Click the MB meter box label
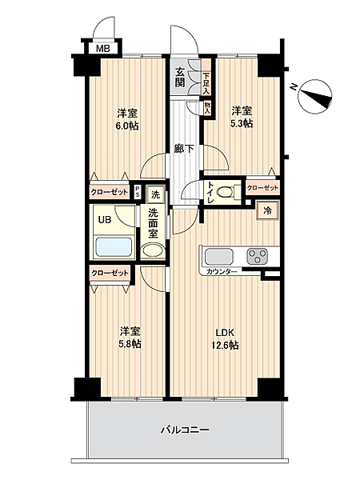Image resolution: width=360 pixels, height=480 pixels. pos(103,48)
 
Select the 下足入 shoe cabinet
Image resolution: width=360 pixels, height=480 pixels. pos(206,78)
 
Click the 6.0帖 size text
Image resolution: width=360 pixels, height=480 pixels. pos(128,126)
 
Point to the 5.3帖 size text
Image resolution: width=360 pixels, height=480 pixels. pos(242,123)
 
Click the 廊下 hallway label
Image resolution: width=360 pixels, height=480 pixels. pos(184,149)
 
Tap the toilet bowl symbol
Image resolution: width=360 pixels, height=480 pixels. pos(226,192)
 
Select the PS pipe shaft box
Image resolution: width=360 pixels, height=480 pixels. pos(138,192)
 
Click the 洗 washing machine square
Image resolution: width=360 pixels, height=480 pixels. pos(156,194)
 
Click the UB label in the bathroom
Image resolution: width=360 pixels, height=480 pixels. pos(105,220)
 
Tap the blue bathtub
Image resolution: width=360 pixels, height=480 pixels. pos(114,247)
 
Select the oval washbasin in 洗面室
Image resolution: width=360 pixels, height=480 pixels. pos(153,250)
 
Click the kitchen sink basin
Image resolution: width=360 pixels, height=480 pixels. pos(219,257)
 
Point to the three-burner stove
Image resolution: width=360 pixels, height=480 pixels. pos(257,256)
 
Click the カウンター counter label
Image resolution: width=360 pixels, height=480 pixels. pos(222,272)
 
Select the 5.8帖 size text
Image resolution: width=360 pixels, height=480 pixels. pos(130,344)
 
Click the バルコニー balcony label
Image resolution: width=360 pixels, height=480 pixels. pos(186,430)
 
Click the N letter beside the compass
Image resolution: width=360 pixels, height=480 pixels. pos(294,87)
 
